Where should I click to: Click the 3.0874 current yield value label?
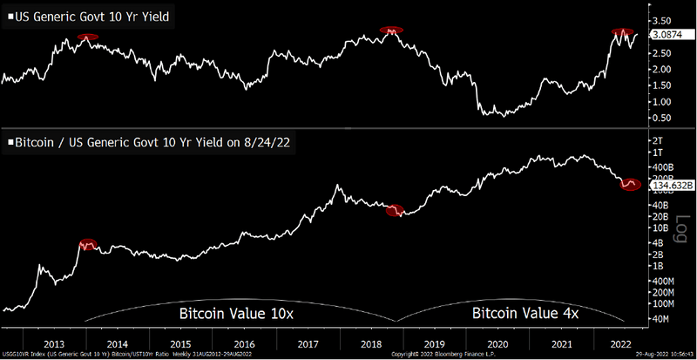pyautogui.click(x=665, y=36)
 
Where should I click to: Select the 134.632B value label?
pyautogui.click(x=668, y=185)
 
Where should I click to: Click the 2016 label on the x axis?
pyautogui.click(x=246, y=343)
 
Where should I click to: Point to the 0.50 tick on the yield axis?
pyautogui.click(x=660, y=118)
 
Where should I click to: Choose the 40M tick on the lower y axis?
pyautogui.click(x=659, y=319)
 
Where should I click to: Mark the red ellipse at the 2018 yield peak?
pyautogui.click(x=393, y=31)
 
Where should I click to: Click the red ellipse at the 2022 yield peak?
pyautogui.click(x=623, y=32)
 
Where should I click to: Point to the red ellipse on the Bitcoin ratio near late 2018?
pyautogui.click(x=396, y=211)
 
